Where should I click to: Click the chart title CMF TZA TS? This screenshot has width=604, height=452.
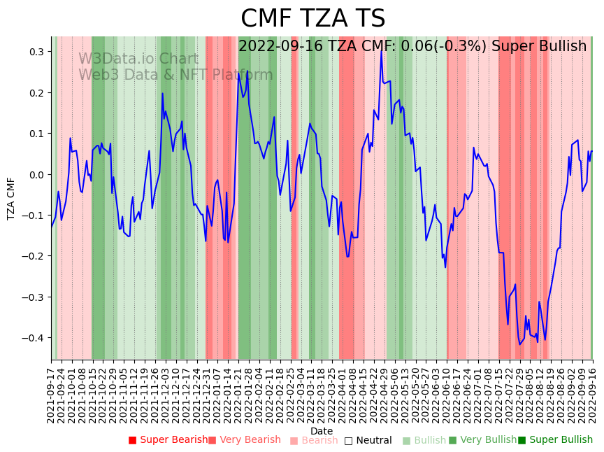pos(312,19)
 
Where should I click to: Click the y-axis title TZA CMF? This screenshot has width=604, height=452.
pos(11,198)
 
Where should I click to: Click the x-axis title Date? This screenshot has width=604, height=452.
pos(322,431)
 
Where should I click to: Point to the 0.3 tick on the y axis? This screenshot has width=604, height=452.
pos(36,52)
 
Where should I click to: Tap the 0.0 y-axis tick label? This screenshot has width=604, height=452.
pos(36,174)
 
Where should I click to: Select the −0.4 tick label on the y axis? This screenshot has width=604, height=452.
pos(34,338)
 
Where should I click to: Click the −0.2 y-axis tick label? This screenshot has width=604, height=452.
pos(34,256)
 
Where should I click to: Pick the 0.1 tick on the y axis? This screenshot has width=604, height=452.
pos(36,134)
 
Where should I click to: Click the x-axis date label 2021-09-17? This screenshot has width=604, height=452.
pos(52,396)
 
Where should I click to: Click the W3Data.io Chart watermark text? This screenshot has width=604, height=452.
pos(138,59)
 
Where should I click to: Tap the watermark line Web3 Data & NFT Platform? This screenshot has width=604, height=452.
pos(175,75)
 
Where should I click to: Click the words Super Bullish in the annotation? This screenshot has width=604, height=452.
pos(538,46)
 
